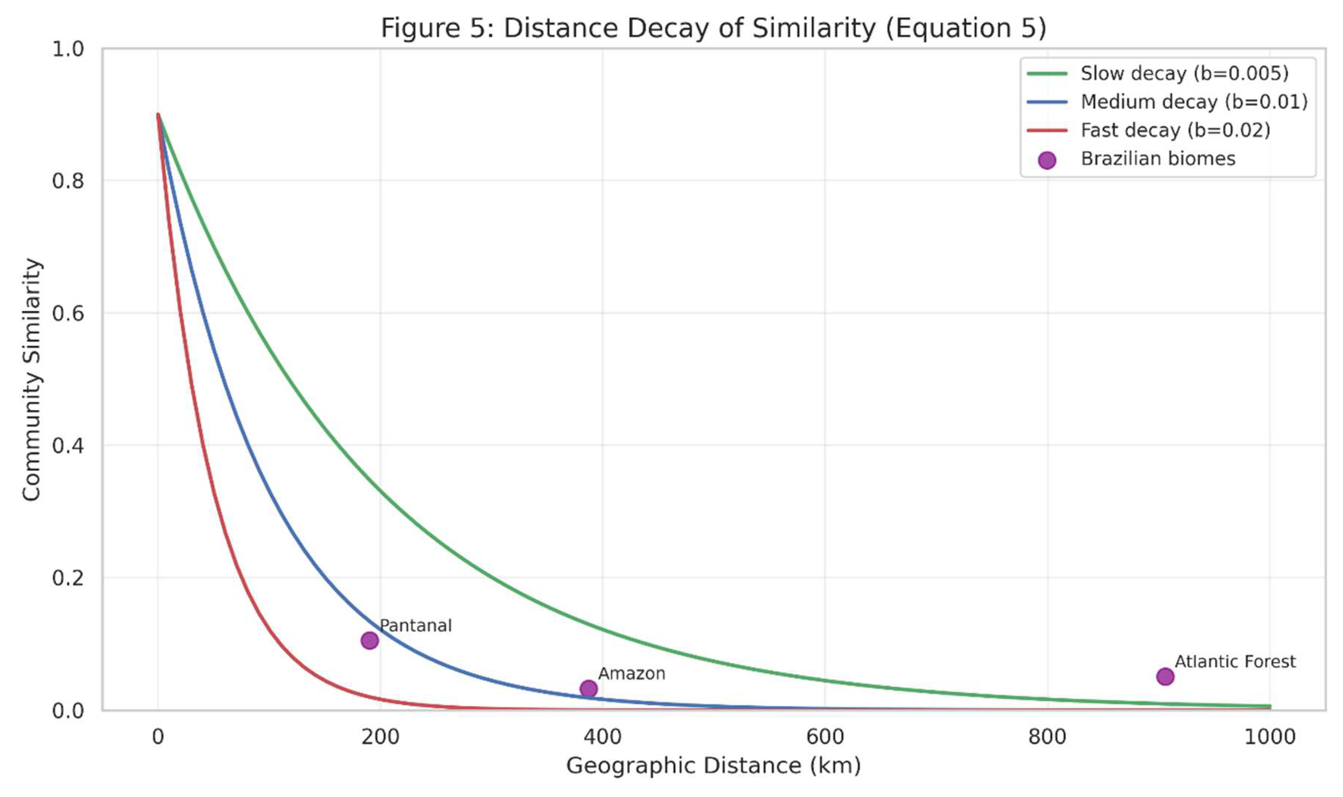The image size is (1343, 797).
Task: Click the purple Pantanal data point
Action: (370, 640)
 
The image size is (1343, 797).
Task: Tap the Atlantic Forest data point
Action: (1165, 676)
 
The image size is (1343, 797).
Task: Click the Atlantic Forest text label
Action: (1235, 661)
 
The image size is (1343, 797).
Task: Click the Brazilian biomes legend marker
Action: (1047, 160)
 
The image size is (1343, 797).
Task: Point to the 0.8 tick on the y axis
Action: (68, 181)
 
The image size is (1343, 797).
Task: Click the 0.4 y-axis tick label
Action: (68, 446)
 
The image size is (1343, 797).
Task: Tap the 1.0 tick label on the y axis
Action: (68, 49)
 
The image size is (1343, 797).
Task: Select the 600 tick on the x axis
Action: (825, 737)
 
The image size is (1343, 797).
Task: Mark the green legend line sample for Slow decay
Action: (1047, 74)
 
